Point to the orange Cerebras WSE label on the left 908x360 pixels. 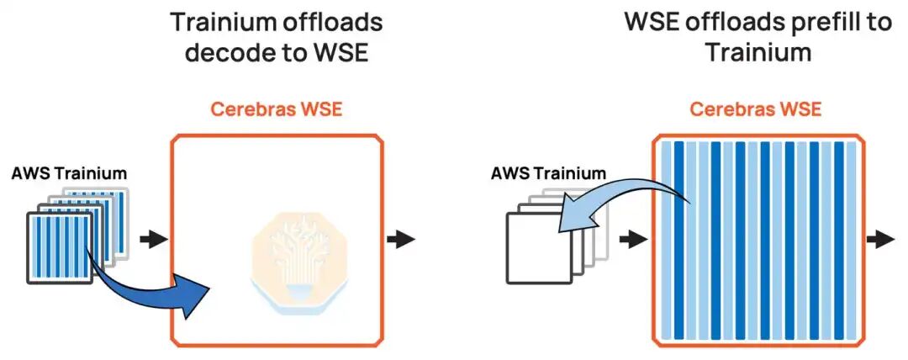click(x=277, y=109)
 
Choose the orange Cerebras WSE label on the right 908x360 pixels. click(x=757, y=109)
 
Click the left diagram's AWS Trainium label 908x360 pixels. click(x=69, y=172)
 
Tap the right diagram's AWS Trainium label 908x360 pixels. click(x=548, y=172)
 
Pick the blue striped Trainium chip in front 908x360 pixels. click(x=60, y=247)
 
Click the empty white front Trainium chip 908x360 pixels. click(x=539, y=248)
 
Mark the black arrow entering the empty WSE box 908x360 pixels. click(x=154, y=239)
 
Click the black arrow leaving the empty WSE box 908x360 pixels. click(x=402, y=239)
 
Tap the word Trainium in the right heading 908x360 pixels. click(x=758, y=53)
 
